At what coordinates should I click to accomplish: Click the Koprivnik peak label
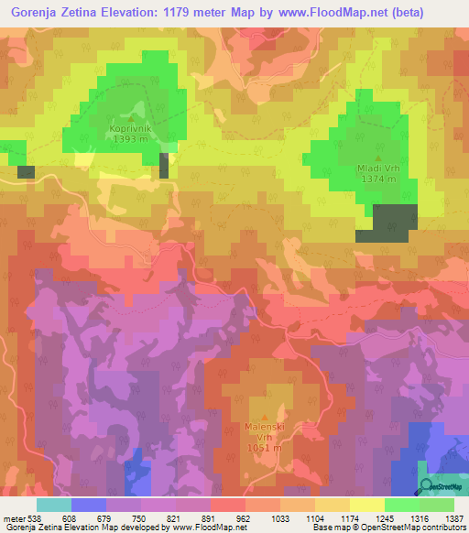131,130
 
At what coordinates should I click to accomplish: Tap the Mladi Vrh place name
378,169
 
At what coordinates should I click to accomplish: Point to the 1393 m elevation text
131,140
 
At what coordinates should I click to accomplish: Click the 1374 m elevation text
378,179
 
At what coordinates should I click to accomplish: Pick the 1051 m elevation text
268,448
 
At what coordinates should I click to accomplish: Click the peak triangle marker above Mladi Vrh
378,158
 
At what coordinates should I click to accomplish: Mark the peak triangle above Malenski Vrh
268,415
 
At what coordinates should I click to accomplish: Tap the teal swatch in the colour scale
53,504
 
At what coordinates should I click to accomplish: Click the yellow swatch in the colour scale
366,504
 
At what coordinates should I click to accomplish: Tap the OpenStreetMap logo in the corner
441,487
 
